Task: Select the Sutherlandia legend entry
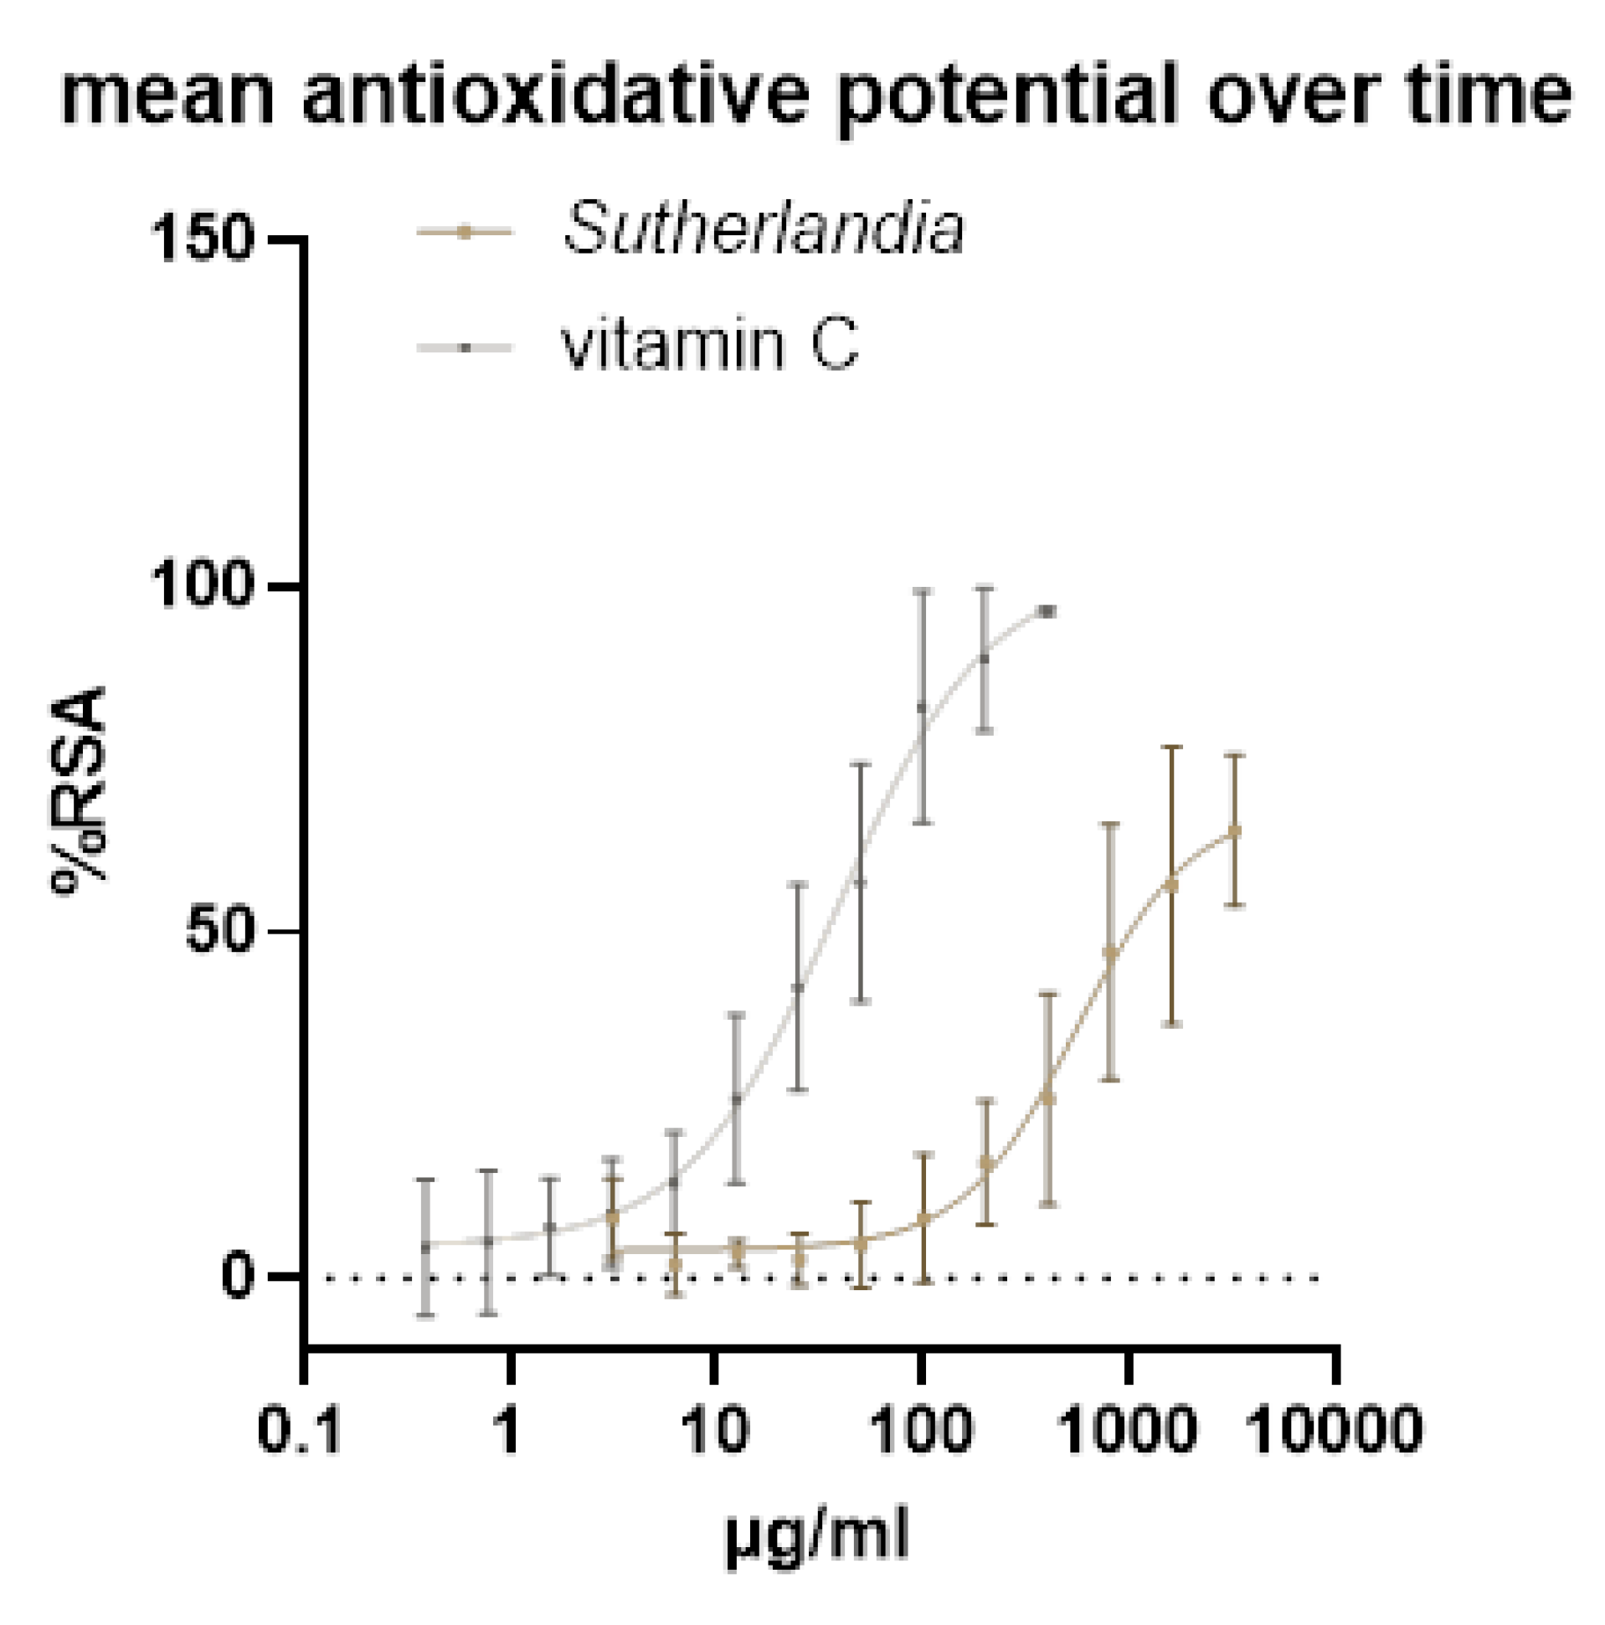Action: click(x=762, y=229)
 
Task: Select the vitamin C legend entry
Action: click(x=709, y=346)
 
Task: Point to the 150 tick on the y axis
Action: click(x=202, y=239)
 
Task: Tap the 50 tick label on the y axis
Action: click(x=219, y=931)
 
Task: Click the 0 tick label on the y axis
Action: click(x=237, y=1277)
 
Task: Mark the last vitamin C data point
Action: click(x=1047, y=611)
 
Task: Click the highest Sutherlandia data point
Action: click(x=1234, y=831)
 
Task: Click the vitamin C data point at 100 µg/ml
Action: click(x=923, y=707)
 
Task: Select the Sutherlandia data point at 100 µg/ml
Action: click(x=923, y=1218)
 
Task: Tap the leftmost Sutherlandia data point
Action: click(x=612, y=1216)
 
